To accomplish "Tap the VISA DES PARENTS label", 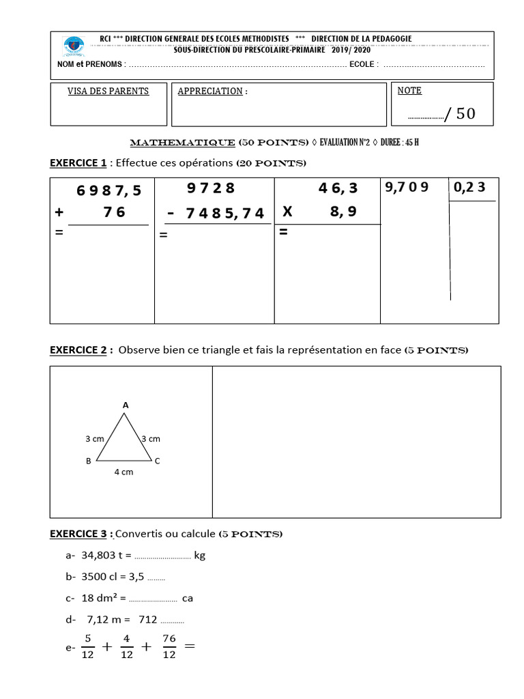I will tap(108, 91).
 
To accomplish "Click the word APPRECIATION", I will tap(210, 91).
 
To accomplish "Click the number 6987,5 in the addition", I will tap(109, 191).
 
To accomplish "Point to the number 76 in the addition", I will tap(115, 212).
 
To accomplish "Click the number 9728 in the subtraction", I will tap(211, 188).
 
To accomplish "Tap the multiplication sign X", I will tap(287, 212).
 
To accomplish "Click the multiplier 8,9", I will tap(343, 212).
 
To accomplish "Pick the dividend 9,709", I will tap(407, 186).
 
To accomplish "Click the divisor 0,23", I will tap(471, 186).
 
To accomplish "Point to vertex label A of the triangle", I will tap(126, 405).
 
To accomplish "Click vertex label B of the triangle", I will tap(89, 461).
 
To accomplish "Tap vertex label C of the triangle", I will tap(157, 461).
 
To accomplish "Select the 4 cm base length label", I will tap(123, 472).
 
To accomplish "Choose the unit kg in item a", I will tap(200, 556).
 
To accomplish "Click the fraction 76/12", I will tap(169, 646).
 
